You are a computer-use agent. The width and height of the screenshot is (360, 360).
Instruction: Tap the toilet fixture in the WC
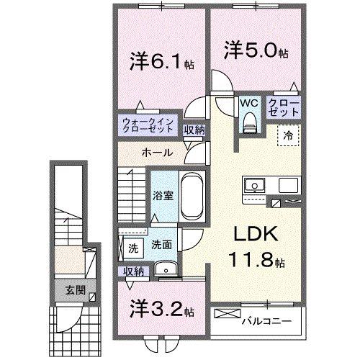pyautogui.click(x=250, y=124)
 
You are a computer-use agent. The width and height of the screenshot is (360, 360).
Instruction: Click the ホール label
pyautogui.click(x=156, y=153)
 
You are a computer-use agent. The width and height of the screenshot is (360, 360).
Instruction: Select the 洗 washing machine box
pyautogui.click(x=132, y=248)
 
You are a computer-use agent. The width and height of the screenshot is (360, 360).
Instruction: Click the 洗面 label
pyautogui.click(x=161, y=245)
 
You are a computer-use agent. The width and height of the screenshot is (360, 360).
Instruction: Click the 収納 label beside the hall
pyautogui.click(x=192, y=130)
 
